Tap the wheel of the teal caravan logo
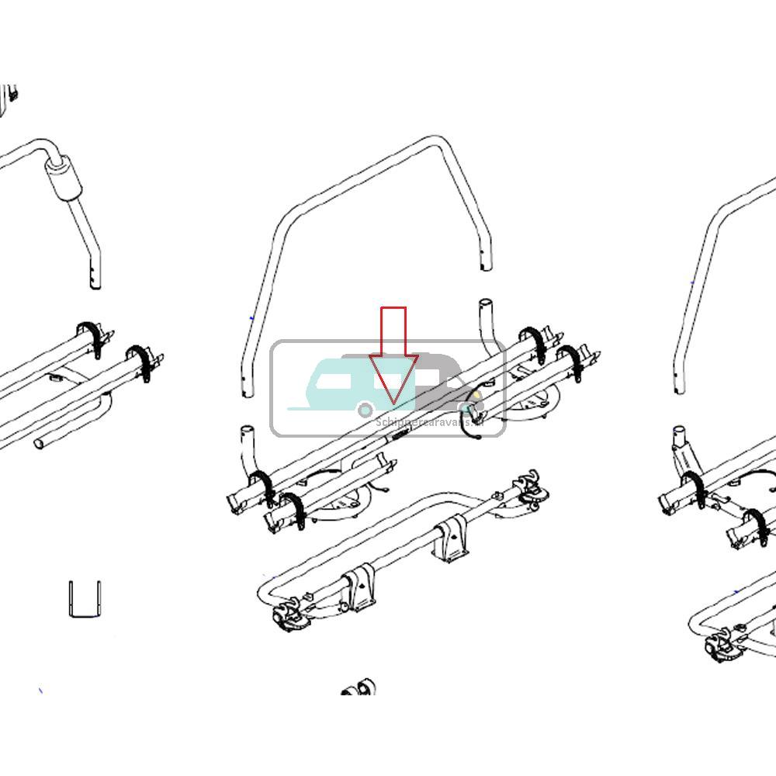(365, 409)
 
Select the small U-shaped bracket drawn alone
(85, 598)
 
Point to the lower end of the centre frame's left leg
(246, 388)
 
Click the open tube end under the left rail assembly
(40, 443)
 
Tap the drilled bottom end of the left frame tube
(94, 279)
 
